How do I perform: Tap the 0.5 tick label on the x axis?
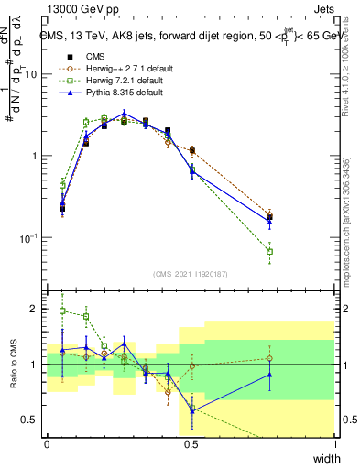point(191,444)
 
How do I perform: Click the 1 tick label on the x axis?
point(335,444)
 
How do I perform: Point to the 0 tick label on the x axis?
point(47,444)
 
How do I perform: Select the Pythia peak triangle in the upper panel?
point(124,115)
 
